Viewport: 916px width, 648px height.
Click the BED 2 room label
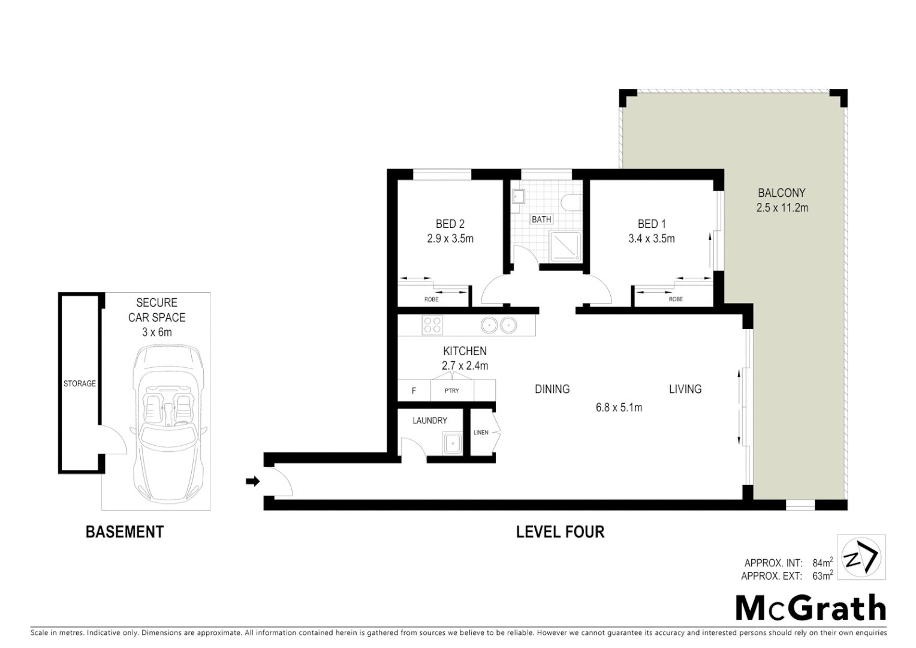point(450,224)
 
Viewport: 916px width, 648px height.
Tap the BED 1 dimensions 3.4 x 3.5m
point(651,239)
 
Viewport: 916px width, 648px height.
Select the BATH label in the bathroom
point(541,220)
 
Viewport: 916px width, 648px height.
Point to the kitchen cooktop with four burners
point(432,325)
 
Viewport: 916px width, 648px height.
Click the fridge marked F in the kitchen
point(414,391)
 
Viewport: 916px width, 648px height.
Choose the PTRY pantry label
point(452,391)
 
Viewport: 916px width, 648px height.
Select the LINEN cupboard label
point(481,432)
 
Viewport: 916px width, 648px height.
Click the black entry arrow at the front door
point(252,481)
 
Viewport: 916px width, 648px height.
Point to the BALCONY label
point(781,193)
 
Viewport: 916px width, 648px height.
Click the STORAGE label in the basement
point(80,383)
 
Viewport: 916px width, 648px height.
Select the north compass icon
point(861,557)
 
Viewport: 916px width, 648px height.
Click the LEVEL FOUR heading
point(560,532)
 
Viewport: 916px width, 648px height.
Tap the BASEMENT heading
point(125,532)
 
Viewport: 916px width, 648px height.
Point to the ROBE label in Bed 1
point(675,299)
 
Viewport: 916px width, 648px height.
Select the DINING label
point(552,389)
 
